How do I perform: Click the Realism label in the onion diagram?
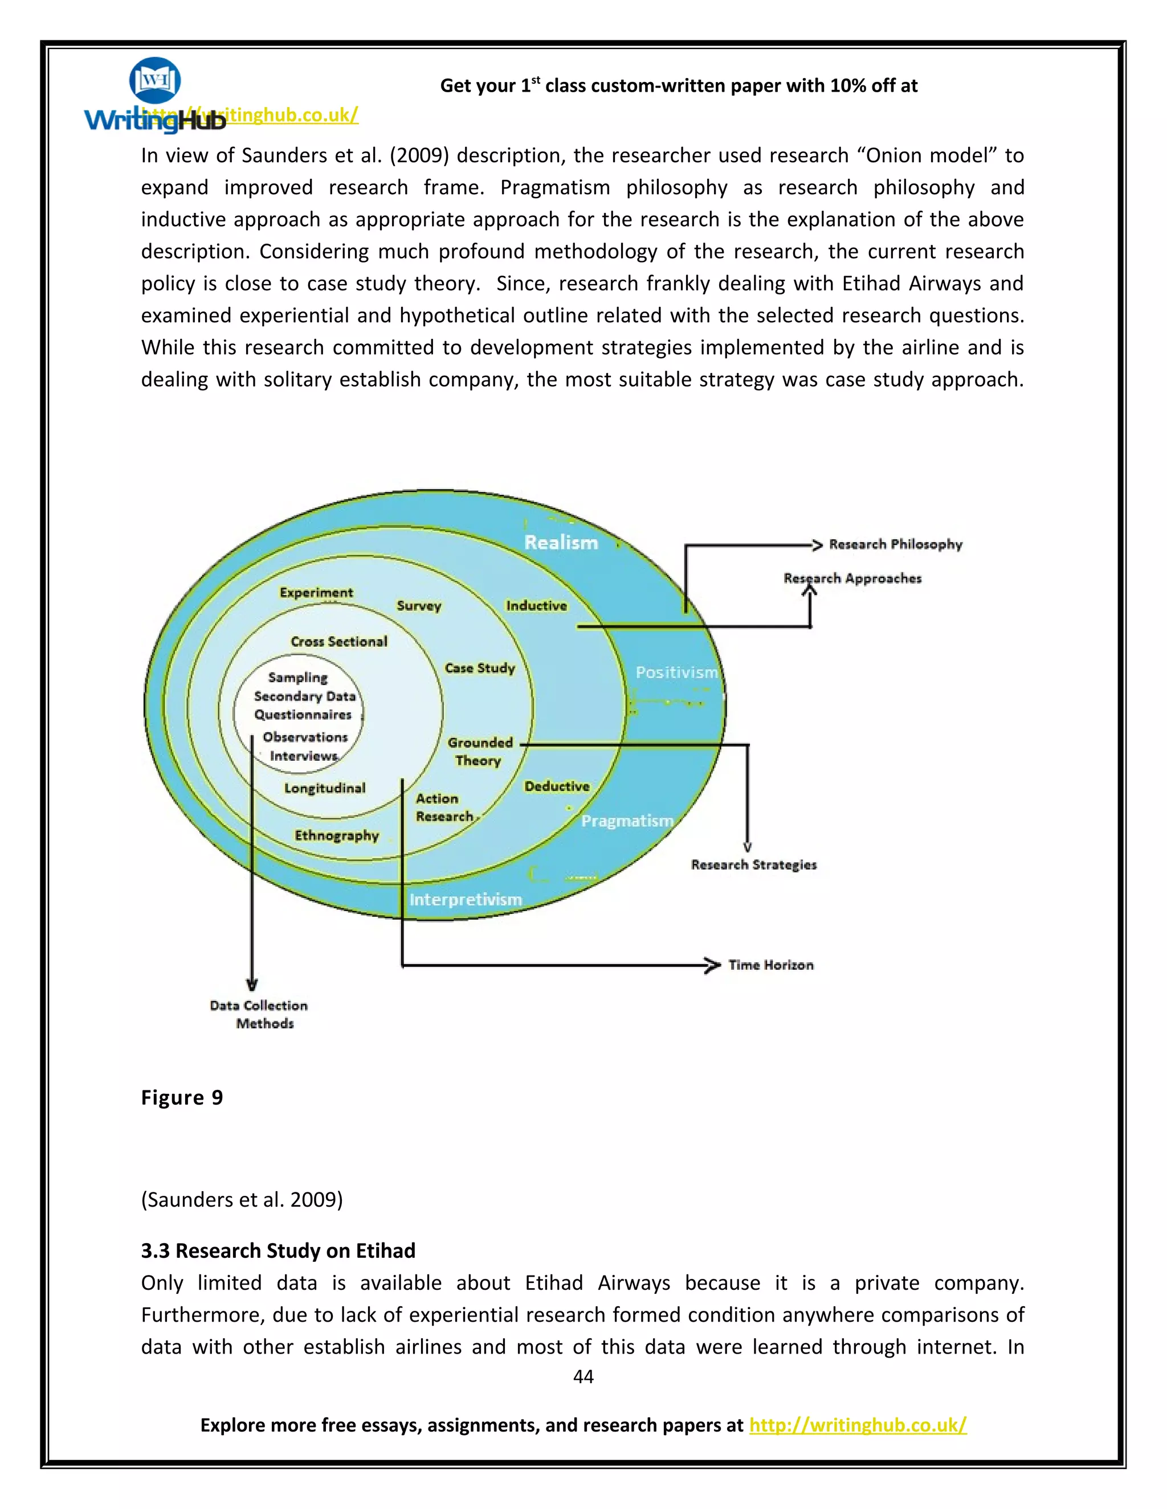[561, 542]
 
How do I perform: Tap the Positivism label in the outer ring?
[676, 673]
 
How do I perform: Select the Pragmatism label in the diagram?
[627, 821]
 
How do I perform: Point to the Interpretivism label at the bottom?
[466, 900]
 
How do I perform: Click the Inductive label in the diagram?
[536, 606]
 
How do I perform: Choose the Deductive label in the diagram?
[557, 786]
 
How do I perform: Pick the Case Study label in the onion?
[480, 668]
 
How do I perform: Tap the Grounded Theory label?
[479, 751]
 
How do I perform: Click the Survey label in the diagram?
[418, 606]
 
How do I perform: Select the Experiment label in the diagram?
[316, 593]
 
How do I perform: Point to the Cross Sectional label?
[339, 642]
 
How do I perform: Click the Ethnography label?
[337, 835]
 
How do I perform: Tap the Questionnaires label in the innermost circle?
[303, 715]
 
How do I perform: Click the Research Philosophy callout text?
[895, 544]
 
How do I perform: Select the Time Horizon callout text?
[770, 965]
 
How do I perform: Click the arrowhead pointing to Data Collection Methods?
[252, 984]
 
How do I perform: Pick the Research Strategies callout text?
[753, 865]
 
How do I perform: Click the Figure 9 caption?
[182, 1098]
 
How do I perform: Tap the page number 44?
[583, 1376]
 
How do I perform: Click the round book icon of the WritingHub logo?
[155, 80]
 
